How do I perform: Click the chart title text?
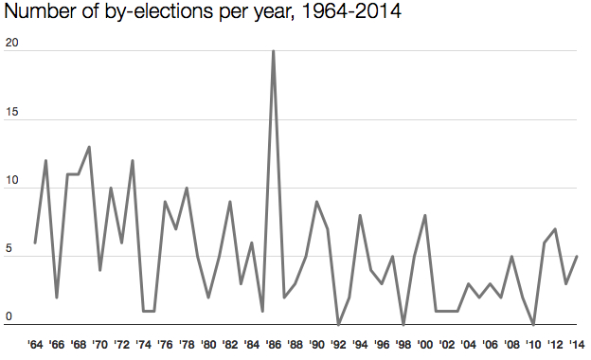(x=200, y=16)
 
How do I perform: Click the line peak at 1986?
(x=274, y=51)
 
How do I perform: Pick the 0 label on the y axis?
(x=9, y=317)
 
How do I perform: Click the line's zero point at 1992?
(x=338, y=324)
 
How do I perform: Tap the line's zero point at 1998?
(x=403, y=324)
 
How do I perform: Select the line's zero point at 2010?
(x=533, y=324)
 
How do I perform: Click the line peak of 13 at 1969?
(x=89, y=147)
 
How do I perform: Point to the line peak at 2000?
(x=425, y=215)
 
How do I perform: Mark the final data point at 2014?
(x=577, y=256)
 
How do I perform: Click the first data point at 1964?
(x=35, y=243)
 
